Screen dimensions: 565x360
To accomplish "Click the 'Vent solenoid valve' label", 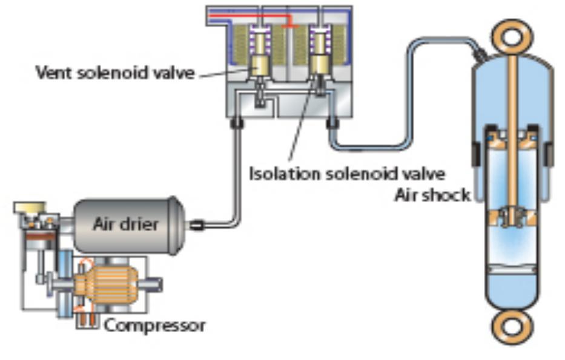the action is [x=115, y=73].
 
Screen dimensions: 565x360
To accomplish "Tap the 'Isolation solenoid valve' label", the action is [x=348, y=174].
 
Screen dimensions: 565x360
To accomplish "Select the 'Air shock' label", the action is [x=433, y=195].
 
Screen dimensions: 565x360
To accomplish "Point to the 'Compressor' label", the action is [x=155, y=326].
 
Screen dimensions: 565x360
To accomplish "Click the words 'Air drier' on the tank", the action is [x=126, y=224].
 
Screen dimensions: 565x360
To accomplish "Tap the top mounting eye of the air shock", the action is [x=512, y=36].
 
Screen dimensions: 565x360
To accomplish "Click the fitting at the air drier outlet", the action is [x=197, y=225].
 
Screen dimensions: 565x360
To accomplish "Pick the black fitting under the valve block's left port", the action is [x=236, y=123].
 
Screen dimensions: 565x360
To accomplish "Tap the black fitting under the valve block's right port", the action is [x=332, y=123].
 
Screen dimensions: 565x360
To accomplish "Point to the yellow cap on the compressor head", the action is [x=30, y=208].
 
